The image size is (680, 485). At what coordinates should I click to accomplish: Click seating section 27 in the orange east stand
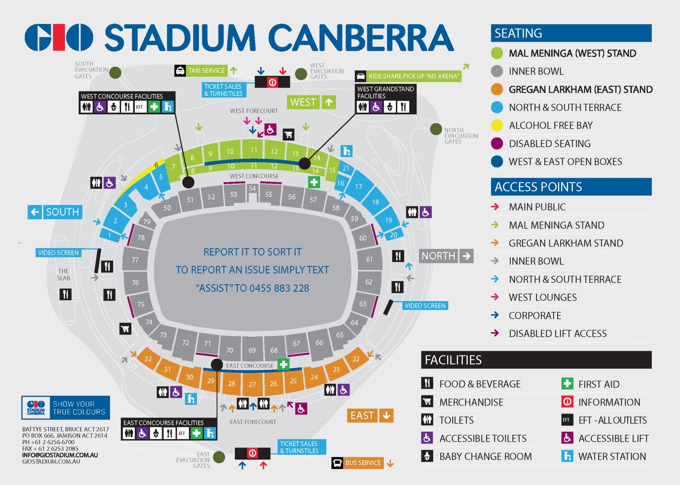coord(252,384)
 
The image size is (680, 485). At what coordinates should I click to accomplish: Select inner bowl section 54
coord(252,188)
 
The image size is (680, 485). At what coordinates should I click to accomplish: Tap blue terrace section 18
coord(376,202)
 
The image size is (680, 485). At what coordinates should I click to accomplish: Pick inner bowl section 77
coord(135,260)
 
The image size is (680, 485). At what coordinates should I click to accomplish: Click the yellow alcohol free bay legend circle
coord(497,126)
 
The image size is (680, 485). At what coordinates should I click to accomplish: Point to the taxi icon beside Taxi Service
coord(180,71)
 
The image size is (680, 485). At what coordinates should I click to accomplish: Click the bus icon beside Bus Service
coord(337,463)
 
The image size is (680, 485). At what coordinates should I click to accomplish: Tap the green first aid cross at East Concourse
coord(283,364)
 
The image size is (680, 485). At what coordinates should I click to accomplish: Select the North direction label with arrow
coord(446,256)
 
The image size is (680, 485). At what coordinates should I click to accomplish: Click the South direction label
coord(55,212)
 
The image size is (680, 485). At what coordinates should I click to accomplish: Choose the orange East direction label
coord(370,416)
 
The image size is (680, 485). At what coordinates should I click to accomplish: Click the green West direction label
coord(311,102)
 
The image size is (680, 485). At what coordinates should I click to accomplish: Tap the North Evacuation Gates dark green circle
coord(436,129)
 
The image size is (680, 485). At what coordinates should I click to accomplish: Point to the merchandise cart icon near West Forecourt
coord(288,134)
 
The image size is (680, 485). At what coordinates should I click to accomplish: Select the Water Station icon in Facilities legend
coord(567,456)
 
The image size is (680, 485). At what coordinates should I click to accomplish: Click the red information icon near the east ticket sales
coord(252,453)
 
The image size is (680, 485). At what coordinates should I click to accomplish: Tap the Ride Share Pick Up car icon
coord(361,76)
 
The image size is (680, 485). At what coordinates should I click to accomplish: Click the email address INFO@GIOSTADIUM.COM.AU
coord(60,455)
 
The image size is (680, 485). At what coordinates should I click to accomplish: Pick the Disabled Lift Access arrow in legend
coord(495,333)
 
